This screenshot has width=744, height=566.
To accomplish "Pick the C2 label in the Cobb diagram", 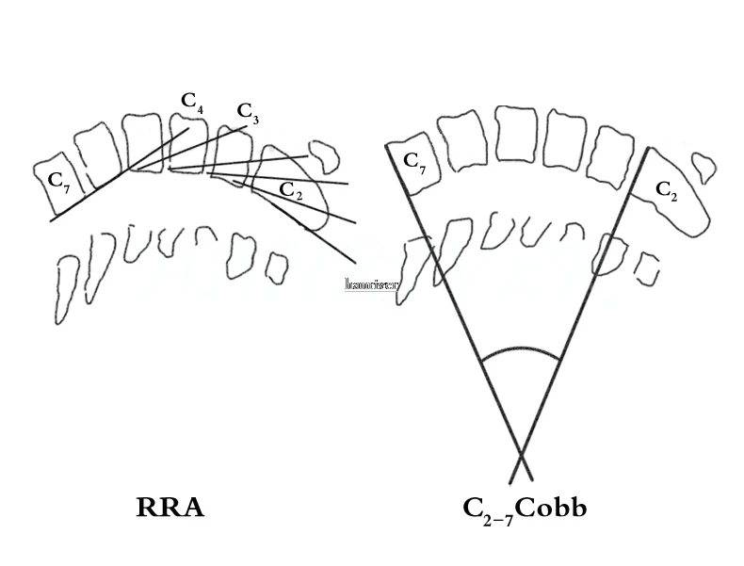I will [666, 189].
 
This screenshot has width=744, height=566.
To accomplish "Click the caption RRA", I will [170, 509].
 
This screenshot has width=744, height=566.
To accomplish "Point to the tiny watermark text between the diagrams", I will [371, 283].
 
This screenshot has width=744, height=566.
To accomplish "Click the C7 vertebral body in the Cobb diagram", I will [414, 170].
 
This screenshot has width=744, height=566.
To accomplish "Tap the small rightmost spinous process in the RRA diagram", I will [276, 267].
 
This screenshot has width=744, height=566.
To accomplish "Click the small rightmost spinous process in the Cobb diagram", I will [645, 267].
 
